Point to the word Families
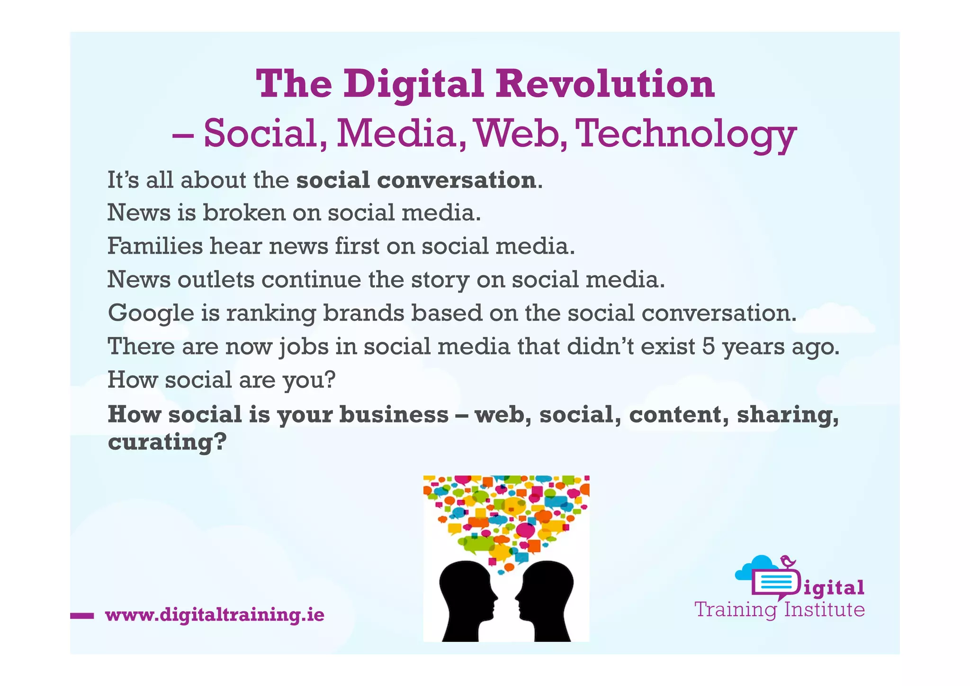155,246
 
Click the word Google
151,313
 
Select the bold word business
394,414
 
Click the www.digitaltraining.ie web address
215,615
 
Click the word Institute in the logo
824,610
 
